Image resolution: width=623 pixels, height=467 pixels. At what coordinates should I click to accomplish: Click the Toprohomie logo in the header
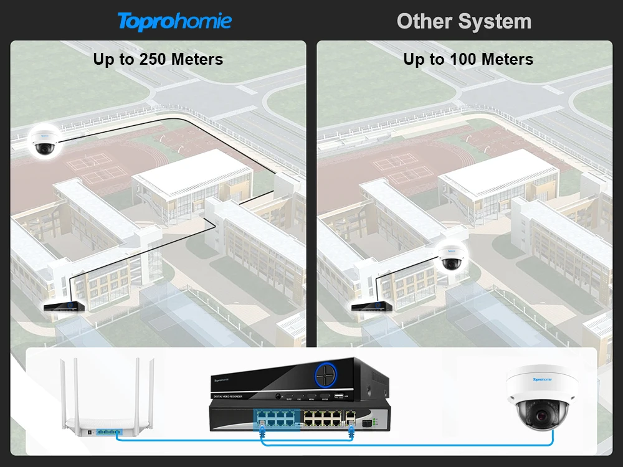(x=174, y=21)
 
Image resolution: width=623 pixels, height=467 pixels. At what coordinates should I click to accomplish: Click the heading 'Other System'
(x=464, y=21)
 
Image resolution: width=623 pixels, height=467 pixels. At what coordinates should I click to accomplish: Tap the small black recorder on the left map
(x=63, y=306)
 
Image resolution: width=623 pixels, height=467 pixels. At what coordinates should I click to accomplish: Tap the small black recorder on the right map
(x=372, y=306)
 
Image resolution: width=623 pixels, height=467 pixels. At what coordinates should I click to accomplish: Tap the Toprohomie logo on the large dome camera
(x=543, y=378)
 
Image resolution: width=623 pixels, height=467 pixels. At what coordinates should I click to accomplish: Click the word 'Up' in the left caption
(x=103, y=60)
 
